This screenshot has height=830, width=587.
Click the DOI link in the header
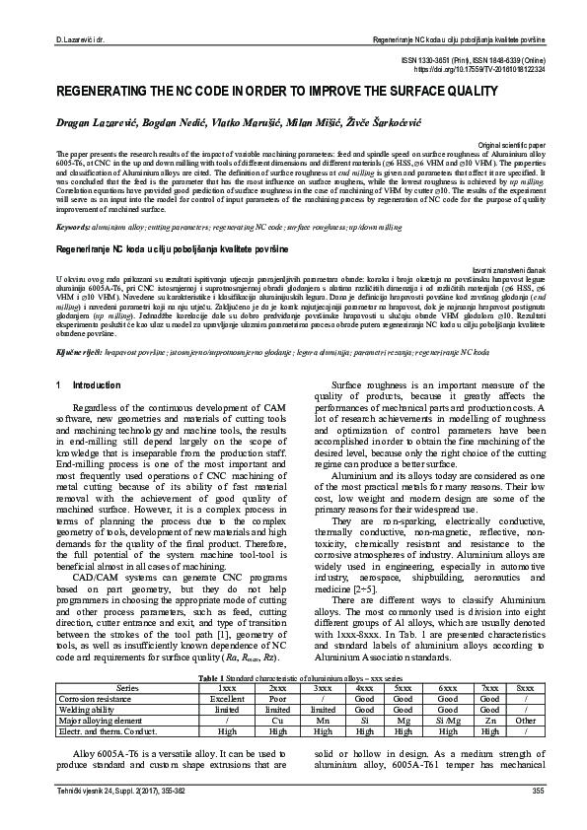click(502, 70)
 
